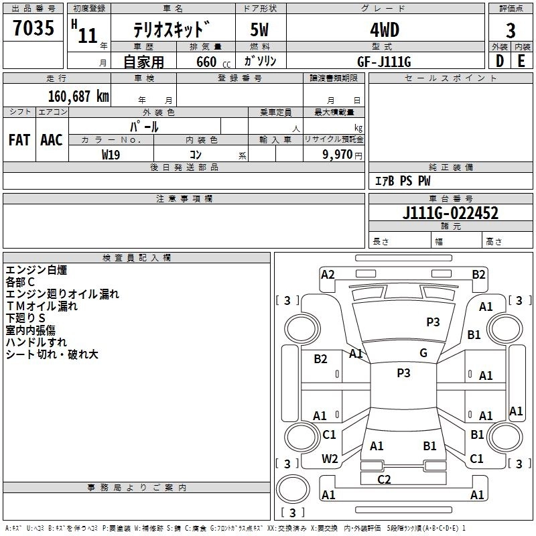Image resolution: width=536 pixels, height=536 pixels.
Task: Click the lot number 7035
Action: click(x=33, y=27)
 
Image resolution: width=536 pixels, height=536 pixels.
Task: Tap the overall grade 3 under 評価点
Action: click(x=511, y=30)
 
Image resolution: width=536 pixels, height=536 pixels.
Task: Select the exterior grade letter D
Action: click(x=500, y=61)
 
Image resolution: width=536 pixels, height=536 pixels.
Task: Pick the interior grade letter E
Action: click(x=521, y=61)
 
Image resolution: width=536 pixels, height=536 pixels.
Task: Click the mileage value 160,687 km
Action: click(x=78, y=96)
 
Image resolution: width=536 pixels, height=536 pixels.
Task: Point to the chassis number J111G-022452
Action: click(x=450, y=212)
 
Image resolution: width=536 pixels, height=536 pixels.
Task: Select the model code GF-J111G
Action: click(x=384, y=62)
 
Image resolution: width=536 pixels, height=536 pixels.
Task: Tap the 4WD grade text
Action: click(x=385, y=30)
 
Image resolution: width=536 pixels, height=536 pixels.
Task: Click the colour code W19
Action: click(x=111, y=155)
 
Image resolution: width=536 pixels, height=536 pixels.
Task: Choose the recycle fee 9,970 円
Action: click(x=342, y=155)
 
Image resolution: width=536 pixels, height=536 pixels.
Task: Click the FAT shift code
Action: click(x=19, y=140)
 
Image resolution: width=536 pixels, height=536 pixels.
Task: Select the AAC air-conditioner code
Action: click(x=52, y=140)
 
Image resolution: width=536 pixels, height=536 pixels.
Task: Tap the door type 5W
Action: click(x=259, y=29)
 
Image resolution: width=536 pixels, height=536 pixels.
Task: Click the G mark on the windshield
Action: click(x=423, y=353)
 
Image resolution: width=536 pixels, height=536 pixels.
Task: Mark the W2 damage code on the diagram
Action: click(x=330, y=458)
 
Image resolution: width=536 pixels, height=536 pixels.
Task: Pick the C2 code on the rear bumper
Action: click(x=384, y=479)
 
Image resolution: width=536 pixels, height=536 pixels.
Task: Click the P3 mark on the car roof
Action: click(x=403, y=373)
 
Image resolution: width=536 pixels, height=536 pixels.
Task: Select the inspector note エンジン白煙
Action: click(x=36, y=270)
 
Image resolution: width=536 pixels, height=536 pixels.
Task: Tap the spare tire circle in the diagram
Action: click(x=293, y=489)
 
